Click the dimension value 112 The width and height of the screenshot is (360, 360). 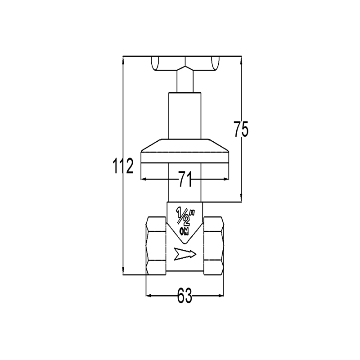[123, 166]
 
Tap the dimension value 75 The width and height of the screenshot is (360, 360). [241, 129]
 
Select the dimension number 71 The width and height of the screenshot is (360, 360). [185, 179]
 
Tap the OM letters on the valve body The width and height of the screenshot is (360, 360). [184, 231]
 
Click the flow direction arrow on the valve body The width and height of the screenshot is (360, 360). [185, 254]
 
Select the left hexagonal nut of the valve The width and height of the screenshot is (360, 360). [156, 246]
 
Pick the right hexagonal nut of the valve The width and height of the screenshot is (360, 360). [213, 246]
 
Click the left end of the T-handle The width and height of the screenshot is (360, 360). [155, 63]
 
